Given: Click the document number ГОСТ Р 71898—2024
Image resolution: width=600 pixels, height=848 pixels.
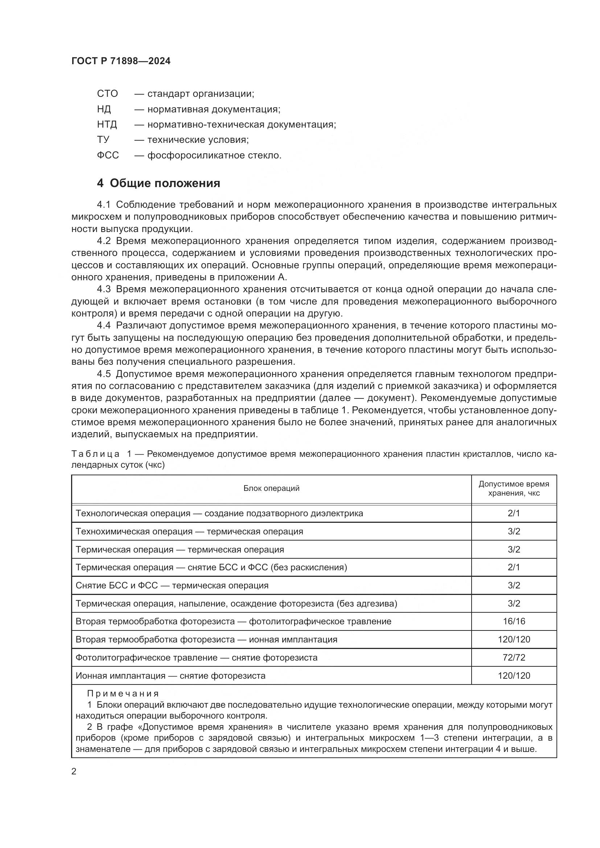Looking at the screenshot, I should [121, 61].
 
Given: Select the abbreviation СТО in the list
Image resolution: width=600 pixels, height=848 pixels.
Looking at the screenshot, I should [107, 94].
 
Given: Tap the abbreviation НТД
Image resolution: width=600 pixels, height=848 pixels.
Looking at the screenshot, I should [107, 124].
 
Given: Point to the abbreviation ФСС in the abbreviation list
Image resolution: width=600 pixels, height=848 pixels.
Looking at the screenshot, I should [108, 155].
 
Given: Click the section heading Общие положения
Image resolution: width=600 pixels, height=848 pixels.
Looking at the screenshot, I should [165, 183].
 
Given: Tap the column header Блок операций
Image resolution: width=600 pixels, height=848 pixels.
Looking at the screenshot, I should [271, 488].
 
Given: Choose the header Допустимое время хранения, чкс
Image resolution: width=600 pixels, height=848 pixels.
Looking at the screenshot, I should [514, 488].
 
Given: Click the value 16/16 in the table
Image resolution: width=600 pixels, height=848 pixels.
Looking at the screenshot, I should [514, 621].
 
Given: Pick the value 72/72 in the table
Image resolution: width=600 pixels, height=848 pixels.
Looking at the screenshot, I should [514, 657].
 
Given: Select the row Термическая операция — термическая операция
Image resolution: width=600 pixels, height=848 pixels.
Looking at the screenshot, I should [180, 549].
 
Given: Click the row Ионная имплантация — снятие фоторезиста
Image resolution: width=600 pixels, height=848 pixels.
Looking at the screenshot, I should [170, 675].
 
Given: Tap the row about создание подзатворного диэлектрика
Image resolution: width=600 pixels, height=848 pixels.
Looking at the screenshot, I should [219, 513].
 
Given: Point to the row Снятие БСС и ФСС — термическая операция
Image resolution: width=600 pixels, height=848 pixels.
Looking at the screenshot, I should [172, 586].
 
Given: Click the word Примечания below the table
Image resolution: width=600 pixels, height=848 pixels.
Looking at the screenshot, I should [123, 693].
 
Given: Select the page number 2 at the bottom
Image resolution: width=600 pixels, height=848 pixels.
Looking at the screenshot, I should [74, 771].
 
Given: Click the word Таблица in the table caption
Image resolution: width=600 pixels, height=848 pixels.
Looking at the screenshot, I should [95, 454].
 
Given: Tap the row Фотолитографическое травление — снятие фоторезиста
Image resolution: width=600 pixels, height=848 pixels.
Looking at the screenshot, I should [196, 657].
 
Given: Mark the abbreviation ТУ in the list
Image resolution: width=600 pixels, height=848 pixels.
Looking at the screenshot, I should [103, 140].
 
